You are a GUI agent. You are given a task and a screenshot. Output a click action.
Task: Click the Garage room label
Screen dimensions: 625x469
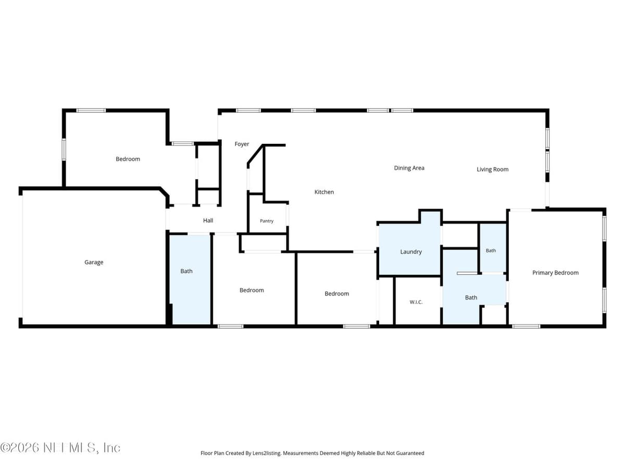coord(94,262)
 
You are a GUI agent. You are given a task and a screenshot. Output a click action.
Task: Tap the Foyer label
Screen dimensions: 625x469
coord(242,144)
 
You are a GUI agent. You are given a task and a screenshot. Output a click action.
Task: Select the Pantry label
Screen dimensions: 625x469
coord(267,221)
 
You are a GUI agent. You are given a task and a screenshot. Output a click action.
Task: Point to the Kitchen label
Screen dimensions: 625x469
coord(324,192)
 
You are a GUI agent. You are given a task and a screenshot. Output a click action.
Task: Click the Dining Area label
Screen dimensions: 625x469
coord(409,168)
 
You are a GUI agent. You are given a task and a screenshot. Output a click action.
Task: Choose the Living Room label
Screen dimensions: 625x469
coord(492,169)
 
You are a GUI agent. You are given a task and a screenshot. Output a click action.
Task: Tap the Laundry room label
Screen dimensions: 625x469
coord(410,252)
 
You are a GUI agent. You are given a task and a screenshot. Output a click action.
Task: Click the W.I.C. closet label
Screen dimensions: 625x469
coord(416,302)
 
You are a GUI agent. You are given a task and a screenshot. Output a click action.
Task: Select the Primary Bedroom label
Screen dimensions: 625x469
coord(555,273)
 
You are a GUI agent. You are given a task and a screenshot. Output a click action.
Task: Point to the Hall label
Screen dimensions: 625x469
coord(208,220)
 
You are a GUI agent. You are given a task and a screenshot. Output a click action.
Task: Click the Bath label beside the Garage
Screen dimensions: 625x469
coord(186,271)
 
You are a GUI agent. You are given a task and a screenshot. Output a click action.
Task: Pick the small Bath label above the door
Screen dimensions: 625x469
coord(491,251)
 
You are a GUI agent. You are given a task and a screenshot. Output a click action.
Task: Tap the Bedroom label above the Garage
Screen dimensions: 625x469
coord(128,159)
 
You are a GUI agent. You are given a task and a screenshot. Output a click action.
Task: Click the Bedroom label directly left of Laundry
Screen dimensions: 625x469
coord(336,293)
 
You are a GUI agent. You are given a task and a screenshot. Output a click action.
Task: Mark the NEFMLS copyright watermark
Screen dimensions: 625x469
coord(60,448)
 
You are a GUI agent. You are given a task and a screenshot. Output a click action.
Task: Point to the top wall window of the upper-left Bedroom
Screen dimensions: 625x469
coord(91,110)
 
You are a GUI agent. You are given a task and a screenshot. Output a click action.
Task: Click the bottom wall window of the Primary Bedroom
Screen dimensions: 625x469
coord(526,326)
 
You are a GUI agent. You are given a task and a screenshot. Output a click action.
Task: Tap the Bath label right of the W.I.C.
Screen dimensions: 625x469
coord(471,298)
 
